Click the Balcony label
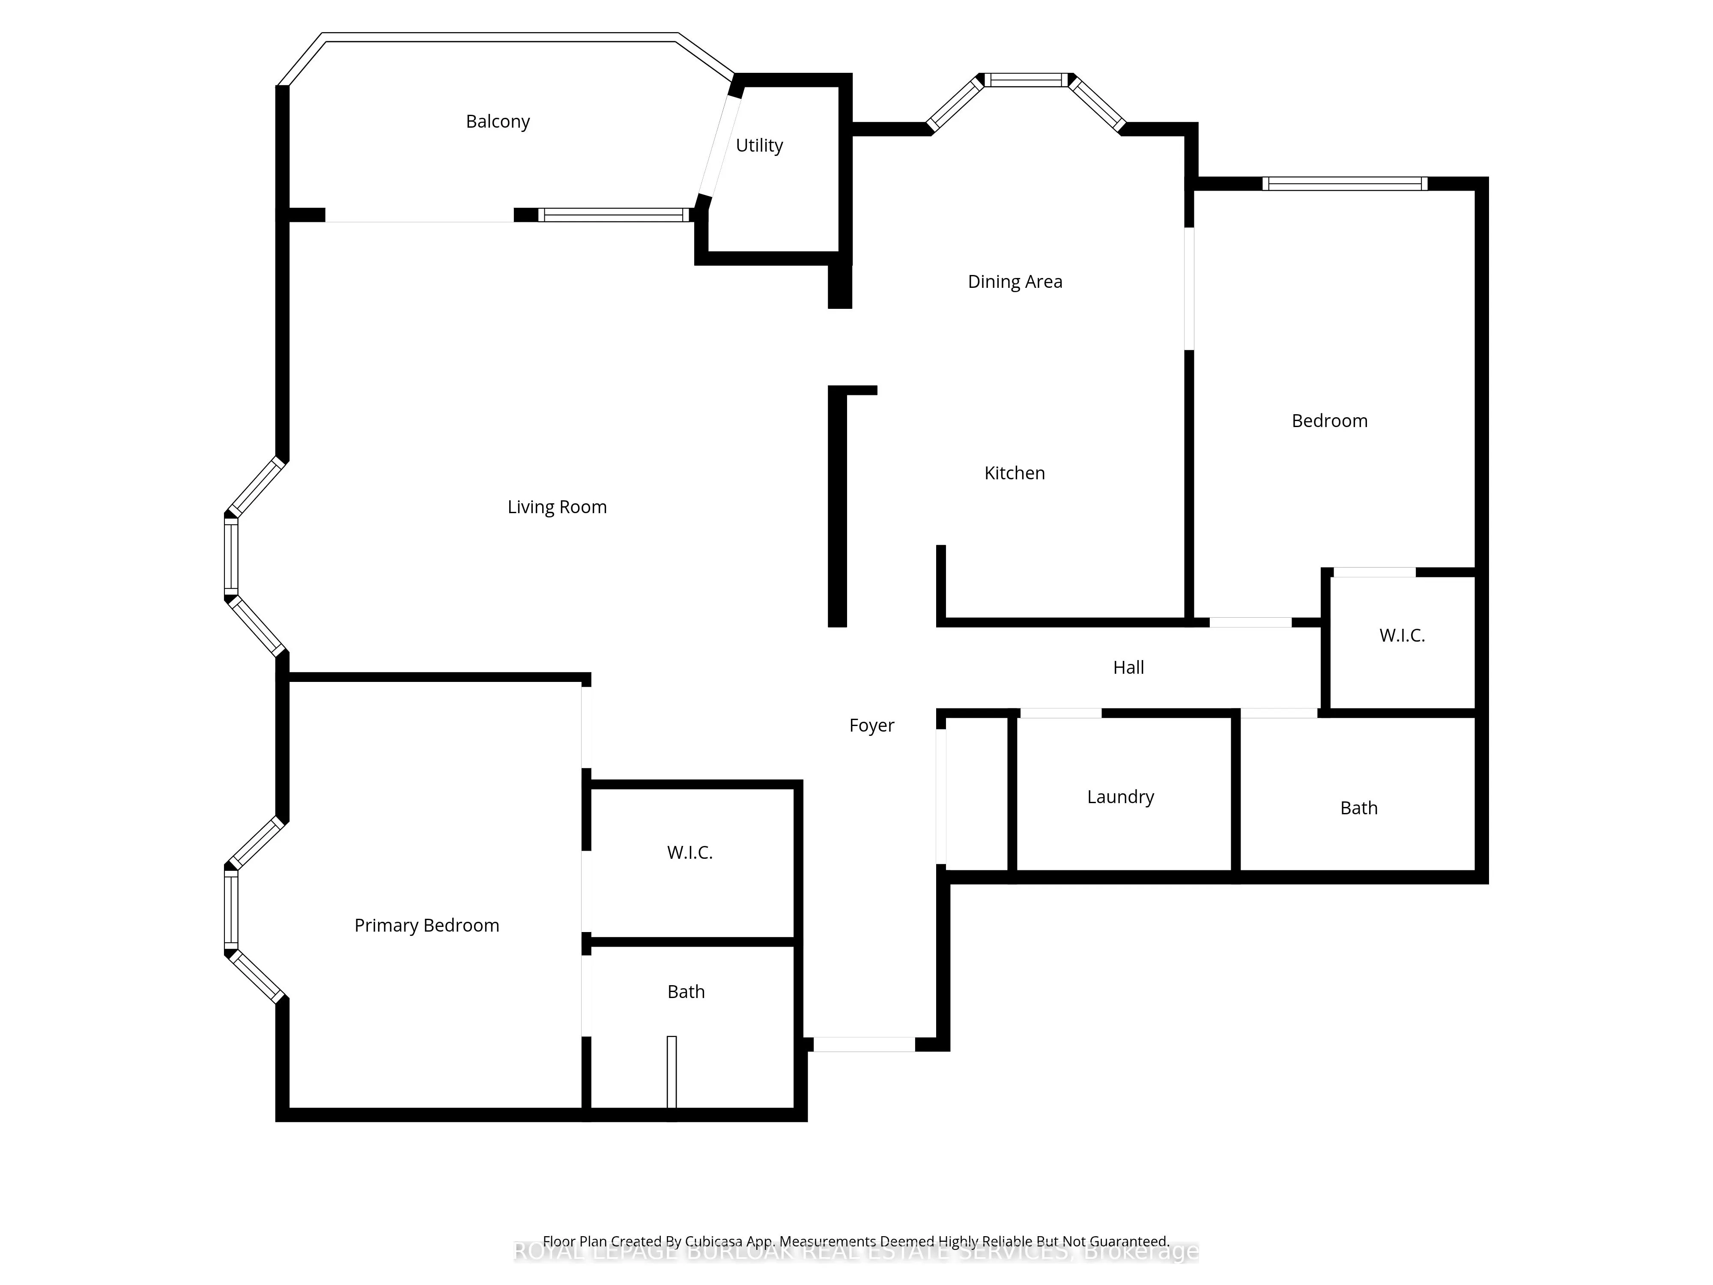[497, 122]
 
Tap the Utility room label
[759, 146]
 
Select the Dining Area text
[1015, 282]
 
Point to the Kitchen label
[1015, 473]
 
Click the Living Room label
[557, 507]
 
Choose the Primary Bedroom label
[427, 926]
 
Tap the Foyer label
[871, 726]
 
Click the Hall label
[1128, 668]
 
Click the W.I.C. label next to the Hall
[1402, 636]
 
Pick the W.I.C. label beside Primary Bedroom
[689, 853]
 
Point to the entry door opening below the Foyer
[863, 1045]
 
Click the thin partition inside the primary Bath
[671, 1073]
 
